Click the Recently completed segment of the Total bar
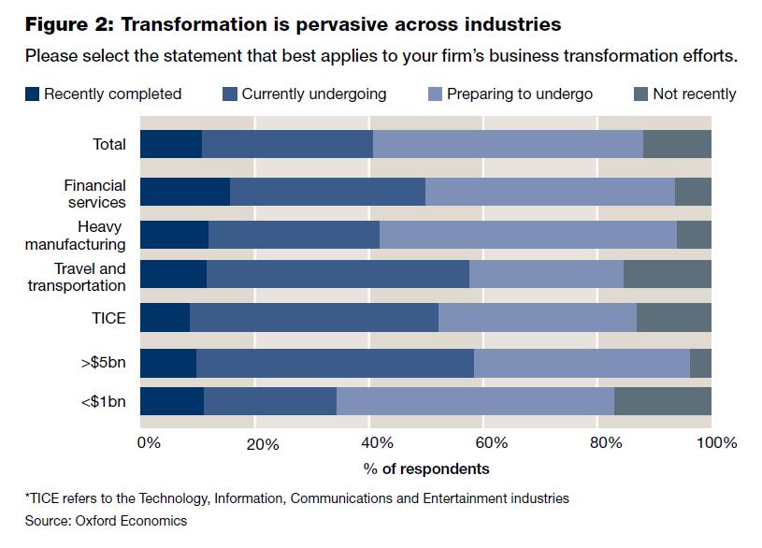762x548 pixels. (171, 145)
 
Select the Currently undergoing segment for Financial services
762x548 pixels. (327, 191)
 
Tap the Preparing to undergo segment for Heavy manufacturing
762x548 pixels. (528, 234)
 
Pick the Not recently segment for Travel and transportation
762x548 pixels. (667, 274)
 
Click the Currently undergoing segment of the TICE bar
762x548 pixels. (314, 317)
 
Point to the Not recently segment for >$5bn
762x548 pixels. (700, 363)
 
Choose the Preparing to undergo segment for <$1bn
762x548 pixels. (475, 400)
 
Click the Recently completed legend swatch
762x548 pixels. (33, 94)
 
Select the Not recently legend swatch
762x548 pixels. (641, 94)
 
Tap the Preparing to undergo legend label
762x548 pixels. (520, 94)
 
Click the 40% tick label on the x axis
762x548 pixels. (374, 442)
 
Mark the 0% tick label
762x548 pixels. (149, 442)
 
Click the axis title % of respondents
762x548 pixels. (426, 468)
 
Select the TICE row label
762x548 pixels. (108, 317)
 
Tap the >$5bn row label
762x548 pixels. (106, 363)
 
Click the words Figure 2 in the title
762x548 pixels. (65, 22)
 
